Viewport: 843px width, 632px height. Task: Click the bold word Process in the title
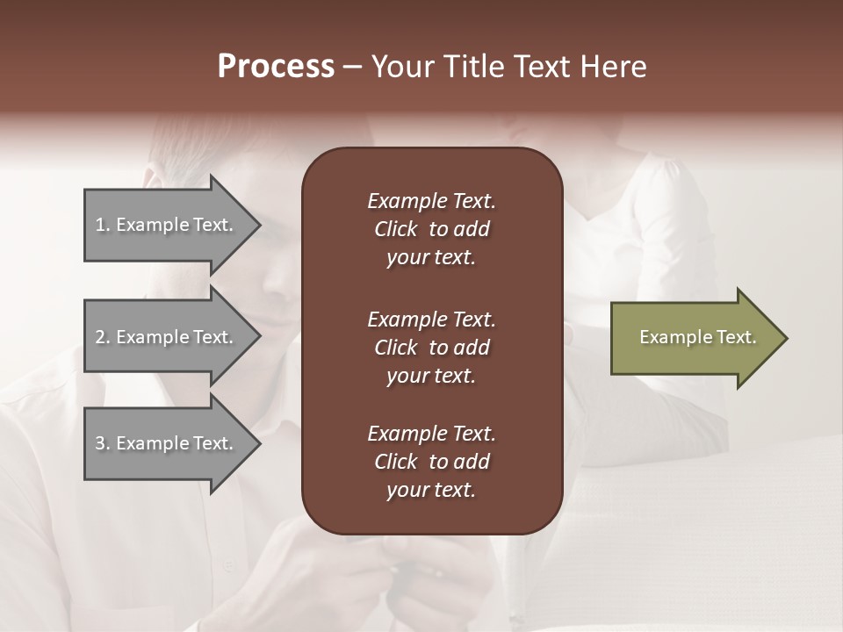[x=276, y=67]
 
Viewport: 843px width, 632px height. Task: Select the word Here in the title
[x=614, y=67]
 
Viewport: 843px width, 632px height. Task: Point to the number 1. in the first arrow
[x=103, y=225]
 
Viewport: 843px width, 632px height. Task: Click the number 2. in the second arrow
[x=103, y=337]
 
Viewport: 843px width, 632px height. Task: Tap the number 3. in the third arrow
[x=103, y=443]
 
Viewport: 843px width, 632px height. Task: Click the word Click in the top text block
[x=395, y=229]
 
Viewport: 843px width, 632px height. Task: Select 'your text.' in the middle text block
[x=430, y=376]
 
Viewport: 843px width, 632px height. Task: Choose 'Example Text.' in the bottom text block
[x=431, y=433]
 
